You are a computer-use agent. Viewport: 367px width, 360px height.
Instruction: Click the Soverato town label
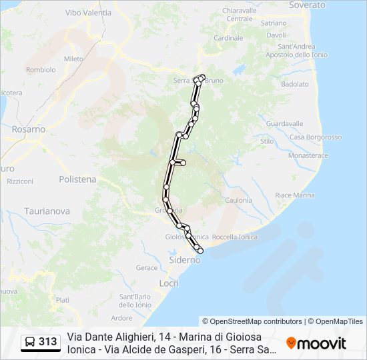(x=307, y=5)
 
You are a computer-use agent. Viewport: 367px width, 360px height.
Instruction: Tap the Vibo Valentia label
(x=88, y=13)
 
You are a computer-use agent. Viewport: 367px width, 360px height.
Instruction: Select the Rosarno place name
(x=28, y=129)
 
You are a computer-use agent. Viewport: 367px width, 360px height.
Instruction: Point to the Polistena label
(x=77, y=179)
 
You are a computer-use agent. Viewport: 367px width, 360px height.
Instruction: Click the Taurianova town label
(x=47, y=211)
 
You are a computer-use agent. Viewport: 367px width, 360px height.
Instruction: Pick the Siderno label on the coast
(x=185, y=260)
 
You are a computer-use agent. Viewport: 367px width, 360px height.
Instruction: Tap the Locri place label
(x=169, y=283)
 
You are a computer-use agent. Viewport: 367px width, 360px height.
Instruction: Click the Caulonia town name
(x=238, y=200)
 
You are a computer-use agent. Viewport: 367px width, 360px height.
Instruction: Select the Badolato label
(x=294, y=85)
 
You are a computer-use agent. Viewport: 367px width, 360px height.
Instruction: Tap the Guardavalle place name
(x=284, y=124)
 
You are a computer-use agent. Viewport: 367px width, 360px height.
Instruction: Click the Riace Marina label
(x=294, y=195)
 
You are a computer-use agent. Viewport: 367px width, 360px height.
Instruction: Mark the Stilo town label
(x=267, y=141)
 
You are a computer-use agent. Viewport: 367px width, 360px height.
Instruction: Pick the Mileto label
(x=73, y=59)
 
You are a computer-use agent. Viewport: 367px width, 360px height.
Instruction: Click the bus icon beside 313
(x=30, y=343)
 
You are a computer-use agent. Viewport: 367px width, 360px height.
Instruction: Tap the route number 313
(x=47, y=343)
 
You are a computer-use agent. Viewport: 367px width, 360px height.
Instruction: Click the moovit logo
(x=316, y=343)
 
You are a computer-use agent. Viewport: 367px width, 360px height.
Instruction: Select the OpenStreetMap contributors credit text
(x=252, y=321)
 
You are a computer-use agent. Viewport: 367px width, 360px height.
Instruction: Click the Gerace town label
(x=147, y=267)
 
